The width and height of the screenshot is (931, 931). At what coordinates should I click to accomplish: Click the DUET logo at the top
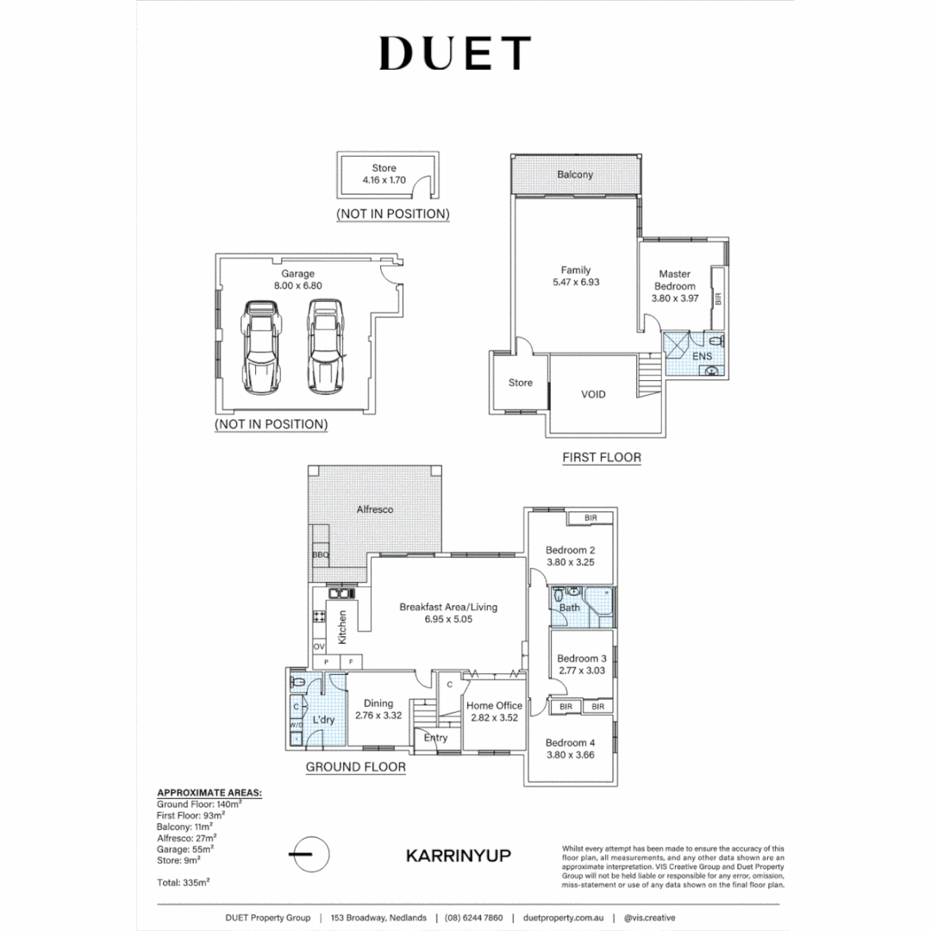coord(454,53)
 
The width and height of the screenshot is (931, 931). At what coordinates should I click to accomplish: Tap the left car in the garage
coord(259,346)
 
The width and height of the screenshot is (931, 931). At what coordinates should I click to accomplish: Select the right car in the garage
coord(323,346)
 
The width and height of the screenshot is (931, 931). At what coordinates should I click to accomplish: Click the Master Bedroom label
coord(674,280)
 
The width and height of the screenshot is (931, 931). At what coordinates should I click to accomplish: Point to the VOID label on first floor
coord(593,394)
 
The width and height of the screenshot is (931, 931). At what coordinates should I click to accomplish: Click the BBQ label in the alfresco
coord(321,555)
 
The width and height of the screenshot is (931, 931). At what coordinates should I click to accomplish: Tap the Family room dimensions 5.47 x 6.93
coord(575,282)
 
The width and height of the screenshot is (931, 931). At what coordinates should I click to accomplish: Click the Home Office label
coord(494,705)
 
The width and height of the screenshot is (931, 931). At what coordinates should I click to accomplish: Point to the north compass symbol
coord(309,854)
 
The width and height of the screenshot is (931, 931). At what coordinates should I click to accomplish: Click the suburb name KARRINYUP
coord(458,855)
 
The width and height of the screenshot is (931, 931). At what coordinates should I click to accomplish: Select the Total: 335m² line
coord(184,882)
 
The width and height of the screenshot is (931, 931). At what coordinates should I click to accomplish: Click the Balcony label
coord(574,175)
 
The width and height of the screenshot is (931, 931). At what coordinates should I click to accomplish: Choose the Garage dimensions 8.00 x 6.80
coord(292,285)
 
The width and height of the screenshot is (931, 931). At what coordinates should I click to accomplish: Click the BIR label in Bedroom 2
coord(590,518)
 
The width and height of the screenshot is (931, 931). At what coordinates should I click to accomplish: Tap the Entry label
coord(436,738)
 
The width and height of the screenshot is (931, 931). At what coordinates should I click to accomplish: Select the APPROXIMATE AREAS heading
coord(209,791)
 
